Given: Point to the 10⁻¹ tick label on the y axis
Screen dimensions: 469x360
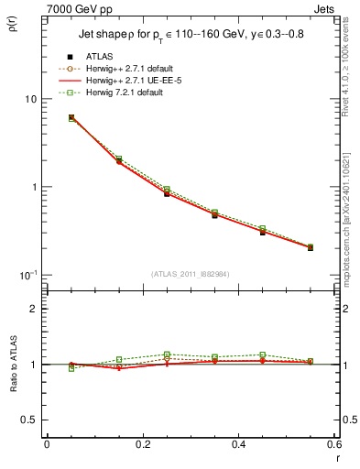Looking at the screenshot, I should (x=27, y=275).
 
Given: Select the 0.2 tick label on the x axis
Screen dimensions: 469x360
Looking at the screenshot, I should (x=142, y=444).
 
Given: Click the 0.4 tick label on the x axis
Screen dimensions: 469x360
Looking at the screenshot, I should (x=237, y=444).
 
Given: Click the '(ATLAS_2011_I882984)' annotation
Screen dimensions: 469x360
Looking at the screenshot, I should (x=190, y=275).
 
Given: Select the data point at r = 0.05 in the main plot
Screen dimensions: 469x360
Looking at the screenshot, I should (x=71, y=117).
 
